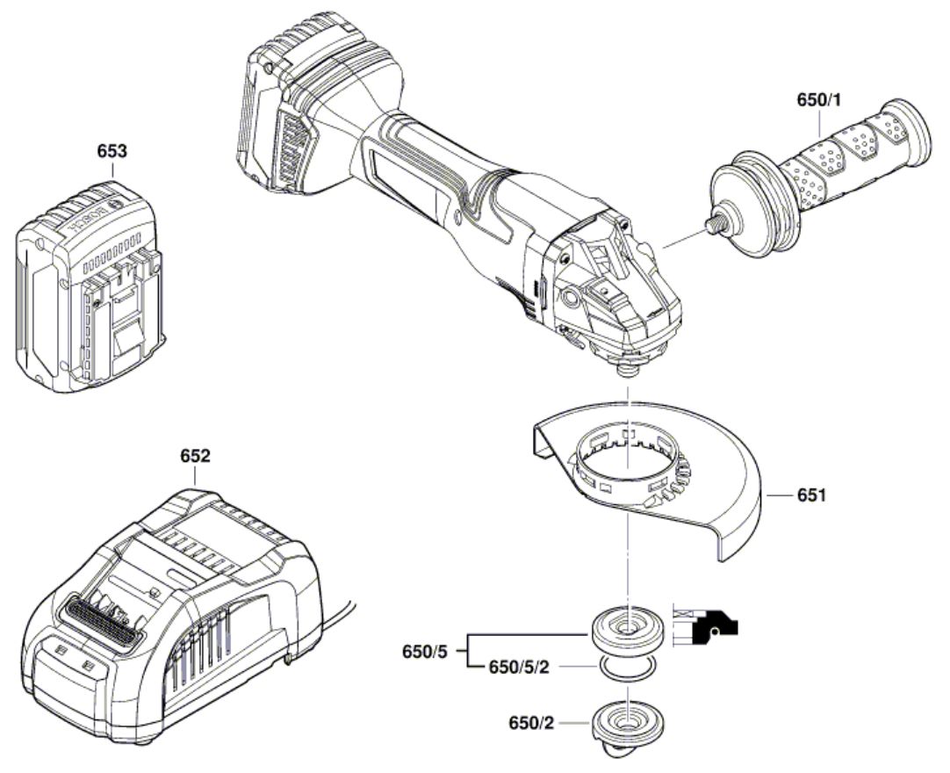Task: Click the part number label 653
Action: (112, 151)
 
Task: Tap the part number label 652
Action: (195, 456)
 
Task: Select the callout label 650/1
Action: (819, 100)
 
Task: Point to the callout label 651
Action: (811, 495)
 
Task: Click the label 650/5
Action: (424, 652)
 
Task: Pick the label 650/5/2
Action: (519, 667)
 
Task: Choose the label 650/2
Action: (531, 723)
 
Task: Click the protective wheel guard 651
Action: (648, 476)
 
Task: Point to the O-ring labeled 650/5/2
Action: (628, 667)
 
